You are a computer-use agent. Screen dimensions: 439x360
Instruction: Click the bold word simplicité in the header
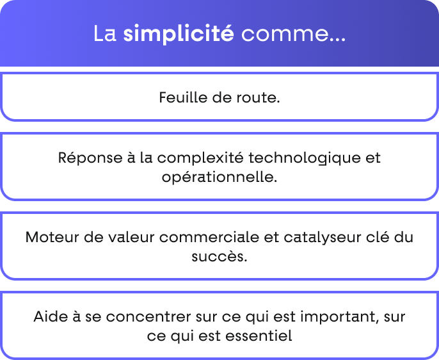179,33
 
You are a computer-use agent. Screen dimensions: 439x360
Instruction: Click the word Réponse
90,158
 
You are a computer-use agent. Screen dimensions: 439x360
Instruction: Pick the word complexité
200,158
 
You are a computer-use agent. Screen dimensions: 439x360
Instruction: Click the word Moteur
52,238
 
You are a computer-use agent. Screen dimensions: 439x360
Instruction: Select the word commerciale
209,238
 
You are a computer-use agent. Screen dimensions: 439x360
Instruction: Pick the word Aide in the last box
51,317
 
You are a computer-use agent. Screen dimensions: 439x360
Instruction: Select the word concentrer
148,318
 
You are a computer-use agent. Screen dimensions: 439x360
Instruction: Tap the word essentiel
259,336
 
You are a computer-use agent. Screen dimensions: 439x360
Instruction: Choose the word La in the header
105,33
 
